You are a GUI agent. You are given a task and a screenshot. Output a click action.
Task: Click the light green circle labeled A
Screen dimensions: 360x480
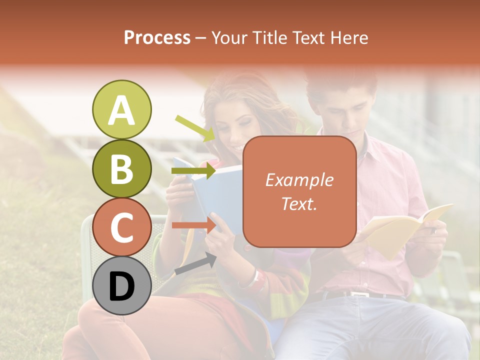click(x=121, y=110)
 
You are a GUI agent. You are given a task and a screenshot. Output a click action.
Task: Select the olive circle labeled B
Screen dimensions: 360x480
click(x=121, y=169)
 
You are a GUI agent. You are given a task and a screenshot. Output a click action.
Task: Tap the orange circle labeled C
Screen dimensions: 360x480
click(x=121, y=227)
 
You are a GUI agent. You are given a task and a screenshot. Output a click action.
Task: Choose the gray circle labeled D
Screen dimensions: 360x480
click(x=121, y=286)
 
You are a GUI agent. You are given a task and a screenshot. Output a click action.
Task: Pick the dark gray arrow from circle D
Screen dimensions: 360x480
click(x=195, y=264)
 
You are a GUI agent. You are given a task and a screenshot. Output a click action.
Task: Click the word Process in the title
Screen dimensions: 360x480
click(x=157, y=37)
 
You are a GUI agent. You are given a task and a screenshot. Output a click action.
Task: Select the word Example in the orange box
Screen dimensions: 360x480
click(x=299, y=180)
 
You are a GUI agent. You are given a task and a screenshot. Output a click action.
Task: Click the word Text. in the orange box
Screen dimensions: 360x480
click(x=299, y=203)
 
